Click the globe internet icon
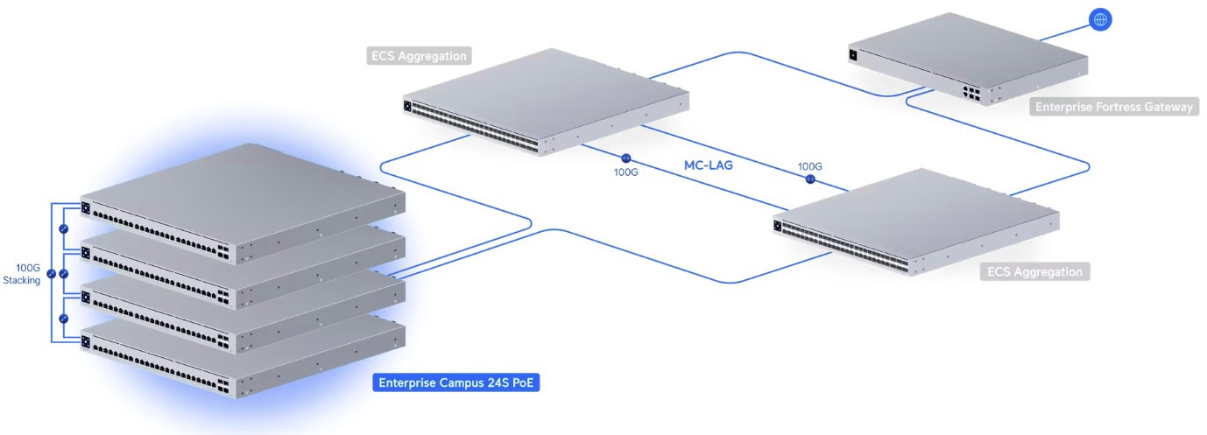1100,19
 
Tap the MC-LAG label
708,165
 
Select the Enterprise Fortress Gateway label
1113,108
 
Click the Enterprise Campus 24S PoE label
455,382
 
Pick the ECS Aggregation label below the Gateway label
1034,271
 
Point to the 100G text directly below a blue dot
625,172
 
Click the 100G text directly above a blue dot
809,166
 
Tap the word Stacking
22,281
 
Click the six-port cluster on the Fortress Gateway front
969,93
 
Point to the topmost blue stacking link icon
63,228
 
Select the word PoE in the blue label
520,382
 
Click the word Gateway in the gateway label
1168,108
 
